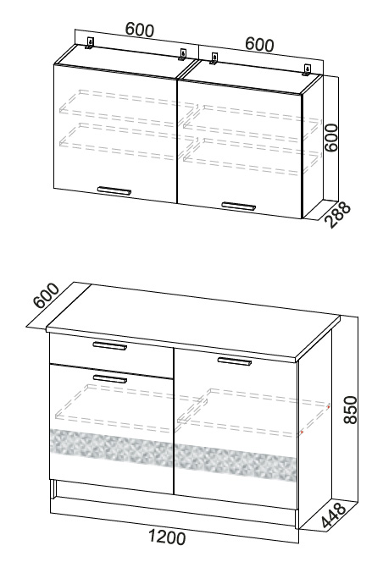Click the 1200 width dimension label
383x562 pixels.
coord(167,537)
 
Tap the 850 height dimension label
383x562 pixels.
coord(350,410)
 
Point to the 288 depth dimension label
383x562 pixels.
coord(338,215)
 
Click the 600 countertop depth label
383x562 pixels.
coord(47,295)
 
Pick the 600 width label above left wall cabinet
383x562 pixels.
coord(140,30)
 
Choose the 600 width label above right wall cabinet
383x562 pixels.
coord(259,44)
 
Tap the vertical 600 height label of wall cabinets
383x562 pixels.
coord(330,138)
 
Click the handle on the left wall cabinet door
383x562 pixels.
coord(114,190)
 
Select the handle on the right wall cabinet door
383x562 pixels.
coord(239,206)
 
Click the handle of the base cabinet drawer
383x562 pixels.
coord(110,345)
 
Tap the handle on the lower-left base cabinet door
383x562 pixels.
coord(110,378)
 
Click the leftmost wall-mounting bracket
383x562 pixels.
coord(90,43)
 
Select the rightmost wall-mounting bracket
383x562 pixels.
coord(307,70)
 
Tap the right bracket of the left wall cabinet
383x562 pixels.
coord(182,54)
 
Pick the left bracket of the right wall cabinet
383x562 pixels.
coord(214,58)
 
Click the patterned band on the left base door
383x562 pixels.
coord(112,447)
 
